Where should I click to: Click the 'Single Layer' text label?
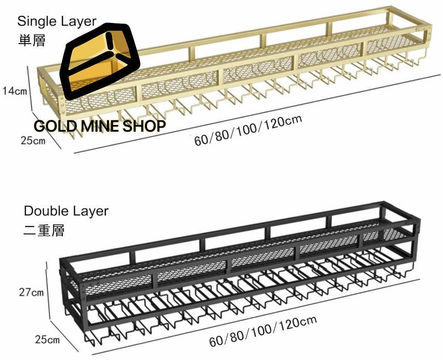[57, 21]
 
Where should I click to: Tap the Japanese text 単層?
[32, 40]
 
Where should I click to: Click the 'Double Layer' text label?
[66, 211]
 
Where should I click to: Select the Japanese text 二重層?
[44, 230]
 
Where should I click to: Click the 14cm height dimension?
[14, 91]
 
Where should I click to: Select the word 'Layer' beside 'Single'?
[78, 21]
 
